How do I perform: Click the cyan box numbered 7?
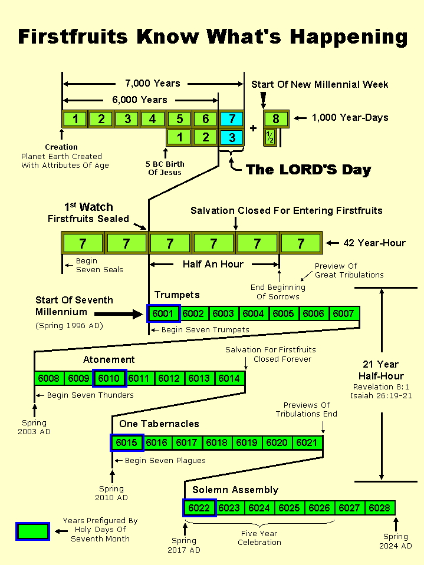pyautogui.click(x=231, y=119)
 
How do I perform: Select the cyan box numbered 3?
pyautogui.click(x=231, y=138)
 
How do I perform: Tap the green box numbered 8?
pyautogui.click(x=275, y=119)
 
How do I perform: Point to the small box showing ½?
pyautogui.click(x=270, y=138)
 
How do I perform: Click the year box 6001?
pyautogui.click(x=163, y=313)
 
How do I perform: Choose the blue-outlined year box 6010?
pyautogui.click(x=109, y=378)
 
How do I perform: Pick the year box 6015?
pyautogui.click(x=127, y=442)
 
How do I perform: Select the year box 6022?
pyautogui.click(x=199, y=507)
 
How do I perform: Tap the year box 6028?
pyautogui.click(x=380, y=507)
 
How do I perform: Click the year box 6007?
pyautogui.click(x=343, y=313)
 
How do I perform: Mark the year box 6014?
pyautogui.click(x=229, y=378)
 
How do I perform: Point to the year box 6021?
pyautogui.click(x=307, y=442)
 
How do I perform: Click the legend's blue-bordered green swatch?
pyautogui.click(x=32, y=531)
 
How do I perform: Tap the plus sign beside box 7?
pyautogui.click(x=254, y=128)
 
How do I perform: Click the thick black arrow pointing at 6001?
pyautogui.click(x=118, y=313)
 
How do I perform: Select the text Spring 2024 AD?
pyautogui.click(x=395, y=541)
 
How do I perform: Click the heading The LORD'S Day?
pyautogui.click(x=308, y=170)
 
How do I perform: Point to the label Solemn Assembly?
pyautogui.click(x=235, y=490)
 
